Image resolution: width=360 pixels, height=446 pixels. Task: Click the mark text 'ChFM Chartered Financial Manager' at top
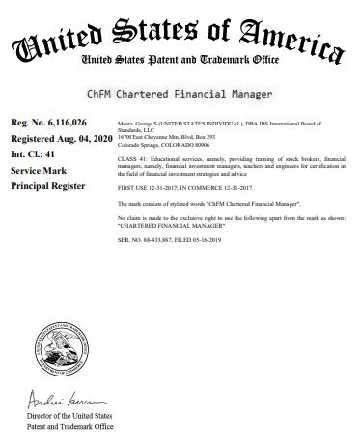click(180, 94)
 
